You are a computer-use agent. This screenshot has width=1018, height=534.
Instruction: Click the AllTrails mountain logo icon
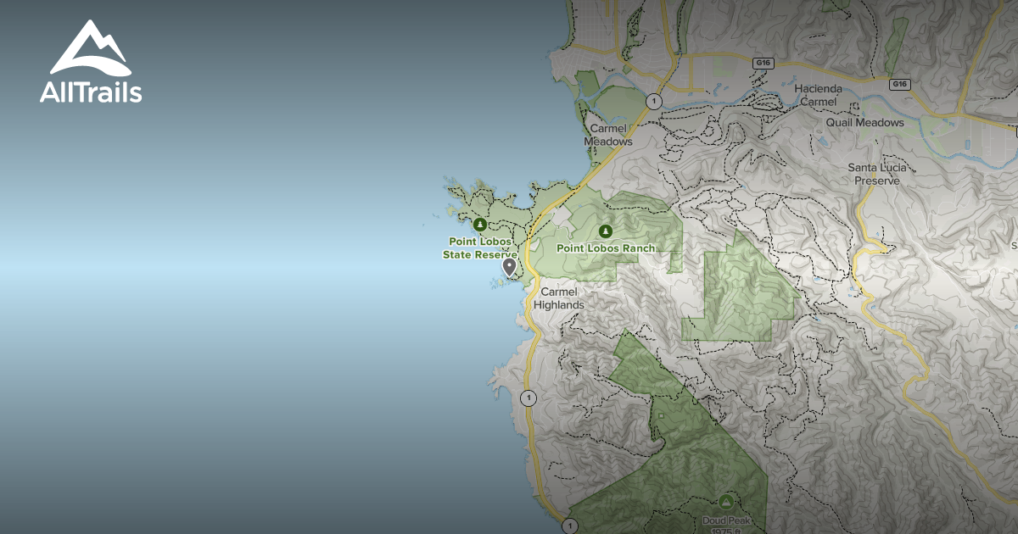(x=91, y=48)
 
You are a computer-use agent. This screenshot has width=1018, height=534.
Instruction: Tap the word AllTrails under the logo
(x=91, y=92)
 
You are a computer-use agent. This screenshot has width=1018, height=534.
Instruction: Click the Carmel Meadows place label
(x=608, y=135)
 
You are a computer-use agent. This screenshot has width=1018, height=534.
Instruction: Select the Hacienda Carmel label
(x=819, y=95)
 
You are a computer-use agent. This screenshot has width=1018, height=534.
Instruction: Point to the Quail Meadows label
(x=865, y=123)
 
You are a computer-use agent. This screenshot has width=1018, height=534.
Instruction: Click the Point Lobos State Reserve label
(x=479, y=248)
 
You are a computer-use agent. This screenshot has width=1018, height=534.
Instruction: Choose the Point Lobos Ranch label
(x=606, y=248)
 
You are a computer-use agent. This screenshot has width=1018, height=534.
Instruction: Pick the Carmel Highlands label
(x=558, y=298)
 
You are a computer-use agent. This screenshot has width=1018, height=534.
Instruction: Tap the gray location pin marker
(x=509, y=267)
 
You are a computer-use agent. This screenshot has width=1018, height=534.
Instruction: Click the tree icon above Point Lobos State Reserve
(x=479, y=225)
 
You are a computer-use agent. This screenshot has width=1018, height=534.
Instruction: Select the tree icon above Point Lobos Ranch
(x=605, y=231)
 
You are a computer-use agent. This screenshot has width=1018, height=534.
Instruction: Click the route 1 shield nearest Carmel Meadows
(x=652, y=102)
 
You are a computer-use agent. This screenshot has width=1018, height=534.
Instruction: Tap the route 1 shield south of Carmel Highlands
(x=529, y=398)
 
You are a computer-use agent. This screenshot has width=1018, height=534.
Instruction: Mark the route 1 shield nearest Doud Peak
(x=570, y=526)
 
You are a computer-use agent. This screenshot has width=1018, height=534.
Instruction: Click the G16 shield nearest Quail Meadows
(x=900, y=84)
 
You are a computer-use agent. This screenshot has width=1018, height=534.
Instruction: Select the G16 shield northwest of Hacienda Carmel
(x=763, y=62)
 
